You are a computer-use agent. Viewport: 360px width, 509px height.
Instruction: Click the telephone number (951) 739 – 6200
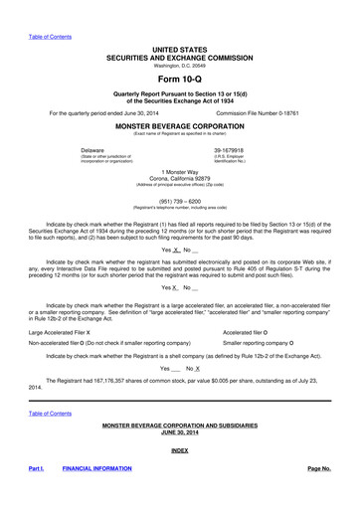coord(180,200)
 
